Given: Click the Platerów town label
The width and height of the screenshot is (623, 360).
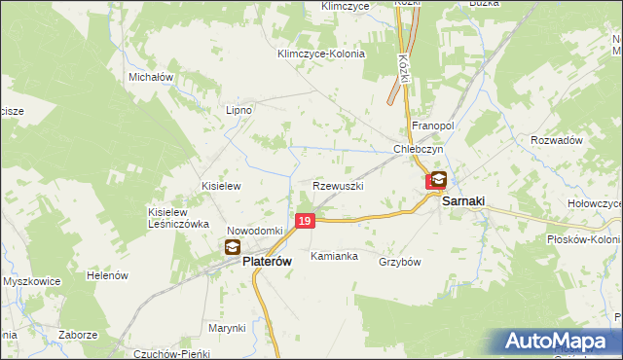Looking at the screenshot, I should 269,262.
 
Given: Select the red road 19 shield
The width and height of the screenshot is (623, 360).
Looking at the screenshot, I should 305,222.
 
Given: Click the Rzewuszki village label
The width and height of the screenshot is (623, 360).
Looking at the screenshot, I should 338,185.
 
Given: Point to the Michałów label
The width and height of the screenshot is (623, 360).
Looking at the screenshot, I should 151,76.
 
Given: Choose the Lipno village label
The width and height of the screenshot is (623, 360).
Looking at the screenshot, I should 238,110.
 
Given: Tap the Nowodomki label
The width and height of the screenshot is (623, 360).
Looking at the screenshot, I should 254,231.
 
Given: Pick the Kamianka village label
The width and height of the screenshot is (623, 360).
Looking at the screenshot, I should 334,257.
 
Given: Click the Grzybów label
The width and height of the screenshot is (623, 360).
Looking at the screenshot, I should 399,262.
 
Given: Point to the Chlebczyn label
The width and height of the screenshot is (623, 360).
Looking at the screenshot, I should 419,149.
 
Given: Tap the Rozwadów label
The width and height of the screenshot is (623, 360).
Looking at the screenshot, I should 556,140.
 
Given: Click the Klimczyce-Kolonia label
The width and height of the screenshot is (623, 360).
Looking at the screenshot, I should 320,54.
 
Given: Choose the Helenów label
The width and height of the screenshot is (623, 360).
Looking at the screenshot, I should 108,275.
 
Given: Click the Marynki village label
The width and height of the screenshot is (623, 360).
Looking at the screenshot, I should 227,328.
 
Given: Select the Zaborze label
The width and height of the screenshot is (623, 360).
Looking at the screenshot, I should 77,334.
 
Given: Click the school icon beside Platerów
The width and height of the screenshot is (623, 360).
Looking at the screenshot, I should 234,248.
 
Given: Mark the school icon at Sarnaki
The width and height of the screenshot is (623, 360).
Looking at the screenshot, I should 439,179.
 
